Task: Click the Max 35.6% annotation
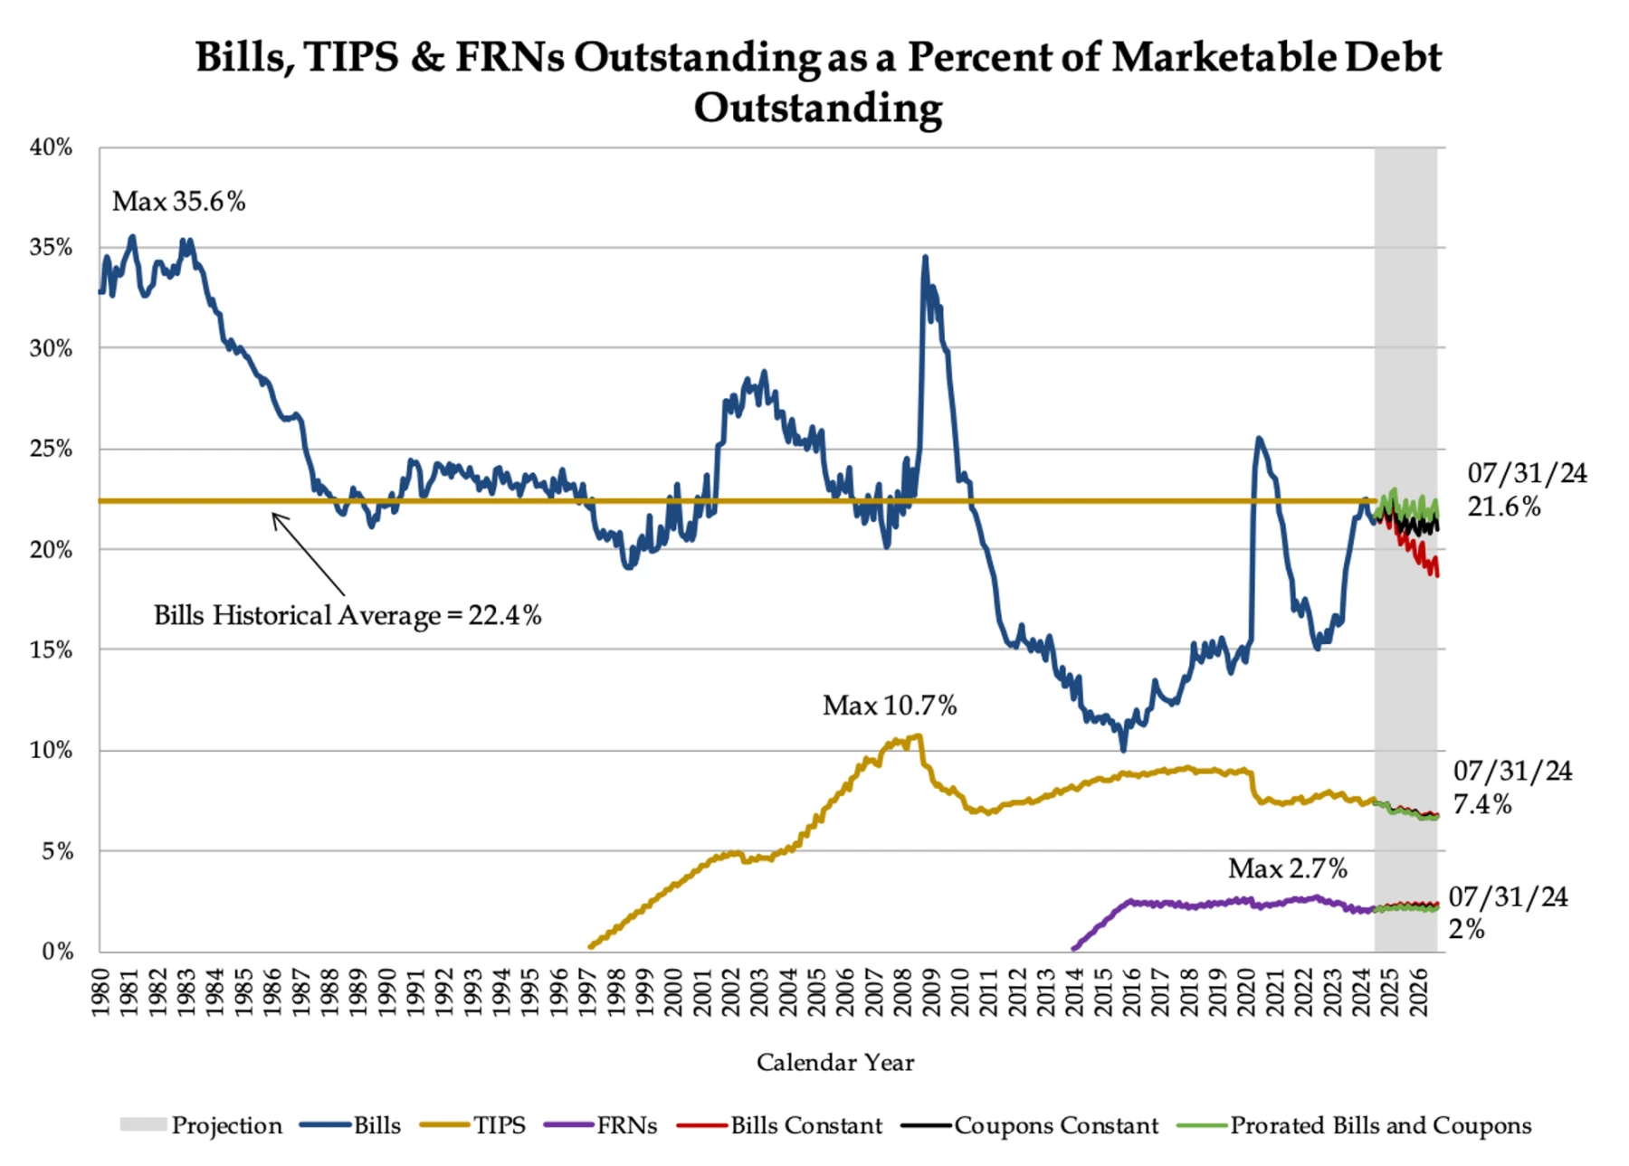click(178, 201)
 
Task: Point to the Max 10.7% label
click(889, 706)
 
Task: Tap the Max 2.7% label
click(1287, 868)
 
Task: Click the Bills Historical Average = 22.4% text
click(348, 615)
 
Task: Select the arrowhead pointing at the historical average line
click(275, 517)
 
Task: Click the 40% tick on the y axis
click(51, 147)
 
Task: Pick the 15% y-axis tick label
click(51, 649)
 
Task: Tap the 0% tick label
click(57, 951)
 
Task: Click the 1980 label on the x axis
click(100, 992)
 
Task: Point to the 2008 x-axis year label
click(901, 992)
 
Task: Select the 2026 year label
click(1418, 992)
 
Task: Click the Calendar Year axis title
click(834, 1062)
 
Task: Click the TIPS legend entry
click(499, 1125)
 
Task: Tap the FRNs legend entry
click(626, 1125)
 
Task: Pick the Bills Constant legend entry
click(805, 1125)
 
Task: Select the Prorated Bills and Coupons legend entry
click(1380, 1125)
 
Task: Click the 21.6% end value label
click(1503, 506)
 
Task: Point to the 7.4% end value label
click(1481, 803)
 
